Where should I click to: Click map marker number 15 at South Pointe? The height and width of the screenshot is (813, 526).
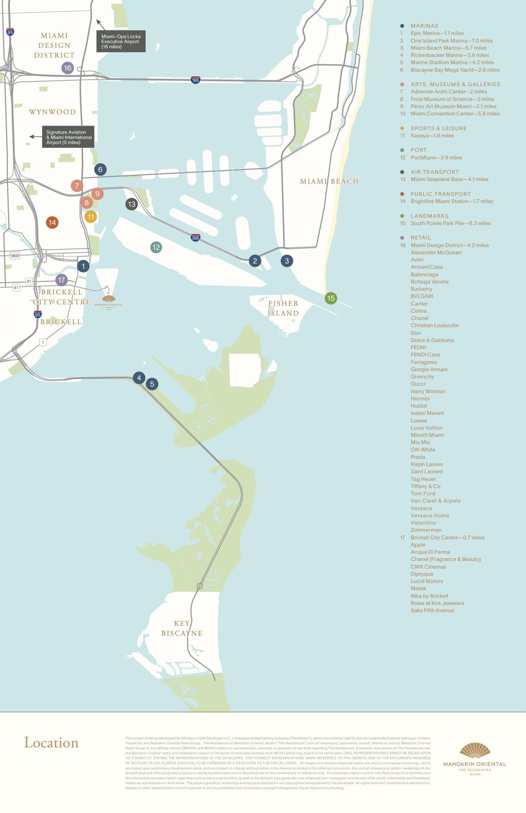pyautogui.click(x=331, y=298)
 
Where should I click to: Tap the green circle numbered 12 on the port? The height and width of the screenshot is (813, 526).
pyautogui.click(x=156, y=247)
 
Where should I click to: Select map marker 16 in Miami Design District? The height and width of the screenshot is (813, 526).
pyautogui.click(x=68, y=68)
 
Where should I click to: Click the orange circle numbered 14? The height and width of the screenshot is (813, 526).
pyautogui.click(x=52, y=222)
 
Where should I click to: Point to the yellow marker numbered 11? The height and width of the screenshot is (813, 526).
pyautogui.click(x=91, y=217)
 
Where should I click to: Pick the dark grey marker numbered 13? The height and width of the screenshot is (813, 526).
pyautogui.click(x=132, y=204)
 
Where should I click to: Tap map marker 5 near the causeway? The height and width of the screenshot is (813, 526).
pyautogui.click(x=152, y=384)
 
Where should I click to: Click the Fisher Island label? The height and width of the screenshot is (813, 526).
pyautogui.click(x=283, y=308)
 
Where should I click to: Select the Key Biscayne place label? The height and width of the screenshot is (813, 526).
pyautogui.click(x=182, y=628)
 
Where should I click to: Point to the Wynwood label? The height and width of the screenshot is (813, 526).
pyautogui.click(x=52, y=112)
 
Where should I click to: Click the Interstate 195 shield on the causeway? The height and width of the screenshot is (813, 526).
pyautogui.click(x=195, y=80)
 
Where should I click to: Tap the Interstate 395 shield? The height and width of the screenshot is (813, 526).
pyautogui.click(x=195, y=238)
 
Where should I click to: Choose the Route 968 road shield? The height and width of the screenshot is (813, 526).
pyautogui.click(x=15, y=256)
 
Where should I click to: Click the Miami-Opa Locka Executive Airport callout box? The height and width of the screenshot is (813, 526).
pyautogui.click(x=121, y=41)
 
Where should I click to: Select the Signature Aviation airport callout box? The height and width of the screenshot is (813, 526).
pyautogui.click(x=68, y=137)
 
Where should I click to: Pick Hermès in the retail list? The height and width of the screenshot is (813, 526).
pyautogui.click(x=420, y=399)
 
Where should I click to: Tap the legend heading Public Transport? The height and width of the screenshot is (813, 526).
pyautogui.click(x=440, y=194)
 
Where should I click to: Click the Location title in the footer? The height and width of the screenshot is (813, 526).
pyautogui.click(x=51, y=743)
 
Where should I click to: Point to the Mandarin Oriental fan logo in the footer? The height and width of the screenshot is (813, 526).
pyautogui.click(x=475, y=751)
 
